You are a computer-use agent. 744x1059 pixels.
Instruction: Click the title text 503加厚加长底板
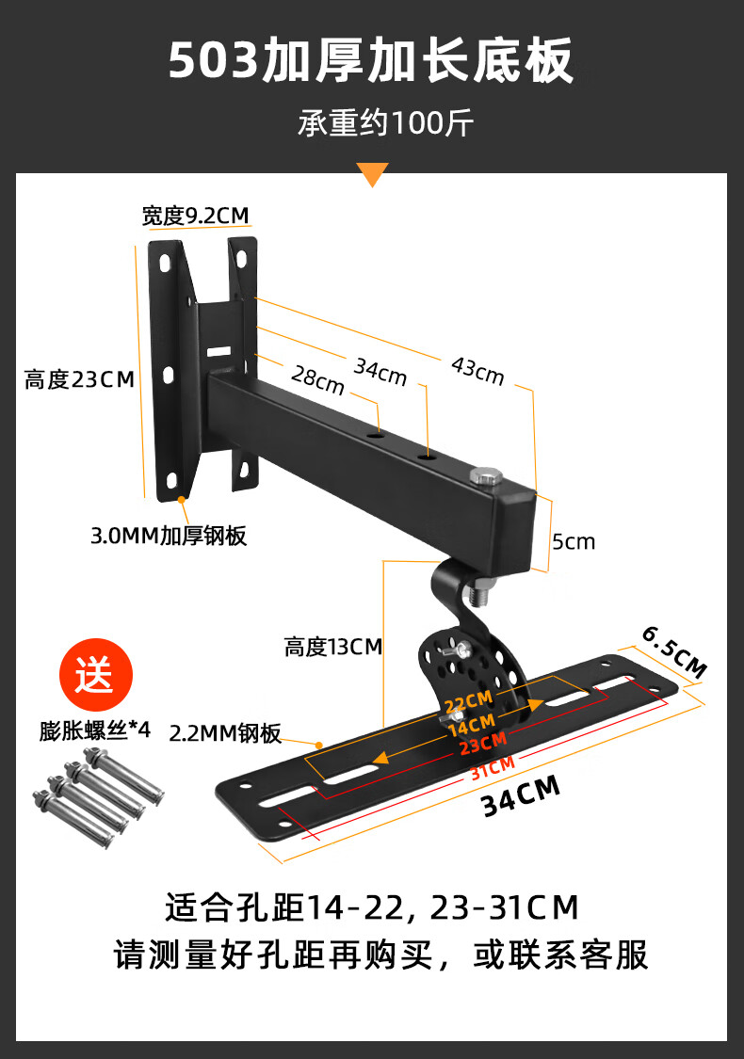tap(371, 63)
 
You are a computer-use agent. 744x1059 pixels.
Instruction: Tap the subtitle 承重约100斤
tap(372, 123)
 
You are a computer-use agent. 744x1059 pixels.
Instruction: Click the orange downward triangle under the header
tap(373, 174)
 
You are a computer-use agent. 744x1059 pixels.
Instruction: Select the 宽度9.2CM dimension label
tap(196, 216)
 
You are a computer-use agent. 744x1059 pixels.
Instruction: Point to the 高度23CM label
tap(80, 379)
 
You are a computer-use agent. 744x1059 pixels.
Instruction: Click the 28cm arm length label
tap(317, 381)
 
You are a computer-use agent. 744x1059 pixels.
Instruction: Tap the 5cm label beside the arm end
tap(574, 541)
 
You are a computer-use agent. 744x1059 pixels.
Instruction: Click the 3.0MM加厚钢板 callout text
tap(169, 537)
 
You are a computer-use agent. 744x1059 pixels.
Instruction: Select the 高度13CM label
tap(333, 647)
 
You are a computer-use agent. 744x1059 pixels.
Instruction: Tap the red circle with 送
tap(95, 675)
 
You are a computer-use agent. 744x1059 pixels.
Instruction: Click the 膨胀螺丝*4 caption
tap(95, 730)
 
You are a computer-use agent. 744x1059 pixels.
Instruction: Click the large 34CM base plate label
tap(521, 795)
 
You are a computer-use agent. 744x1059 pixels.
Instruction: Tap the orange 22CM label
tap(468, 703)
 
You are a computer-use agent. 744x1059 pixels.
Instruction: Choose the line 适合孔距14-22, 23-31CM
tap(371, 907)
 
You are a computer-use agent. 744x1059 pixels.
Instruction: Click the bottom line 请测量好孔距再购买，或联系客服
tap(380, 955)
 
